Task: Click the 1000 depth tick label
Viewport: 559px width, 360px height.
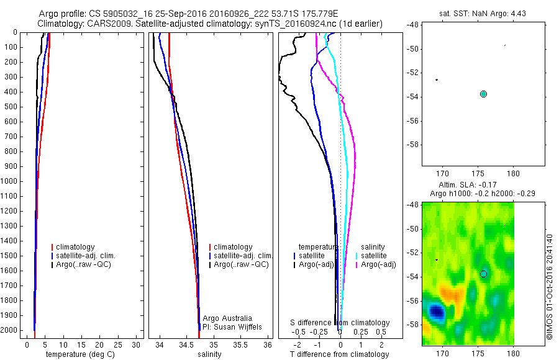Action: (10, 181)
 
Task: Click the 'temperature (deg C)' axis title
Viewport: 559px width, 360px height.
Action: (78, 354)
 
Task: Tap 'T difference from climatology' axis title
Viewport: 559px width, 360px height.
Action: (339, 354)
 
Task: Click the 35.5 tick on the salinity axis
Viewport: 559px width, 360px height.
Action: (241, 344)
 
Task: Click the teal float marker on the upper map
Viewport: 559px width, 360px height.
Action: (483, 94)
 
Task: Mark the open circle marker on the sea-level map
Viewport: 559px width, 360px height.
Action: (483, 274)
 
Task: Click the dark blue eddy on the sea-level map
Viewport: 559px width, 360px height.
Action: (435, 310)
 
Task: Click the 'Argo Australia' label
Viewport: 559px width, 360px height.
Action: (227, 318)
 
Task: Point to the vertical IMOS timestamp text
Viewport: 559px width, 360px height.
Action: (549, 286)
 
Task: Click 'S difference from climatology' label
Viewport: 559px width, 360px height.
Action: (340, 323)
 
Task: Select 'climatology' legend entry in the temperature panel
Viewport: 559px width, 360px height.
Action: (76, 247)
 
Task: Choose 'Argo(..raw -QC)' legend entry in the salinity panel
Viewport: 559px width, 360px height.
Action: (241, 264)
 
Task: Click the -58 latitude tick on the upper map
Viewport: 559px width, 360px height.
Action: (412, 145)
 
